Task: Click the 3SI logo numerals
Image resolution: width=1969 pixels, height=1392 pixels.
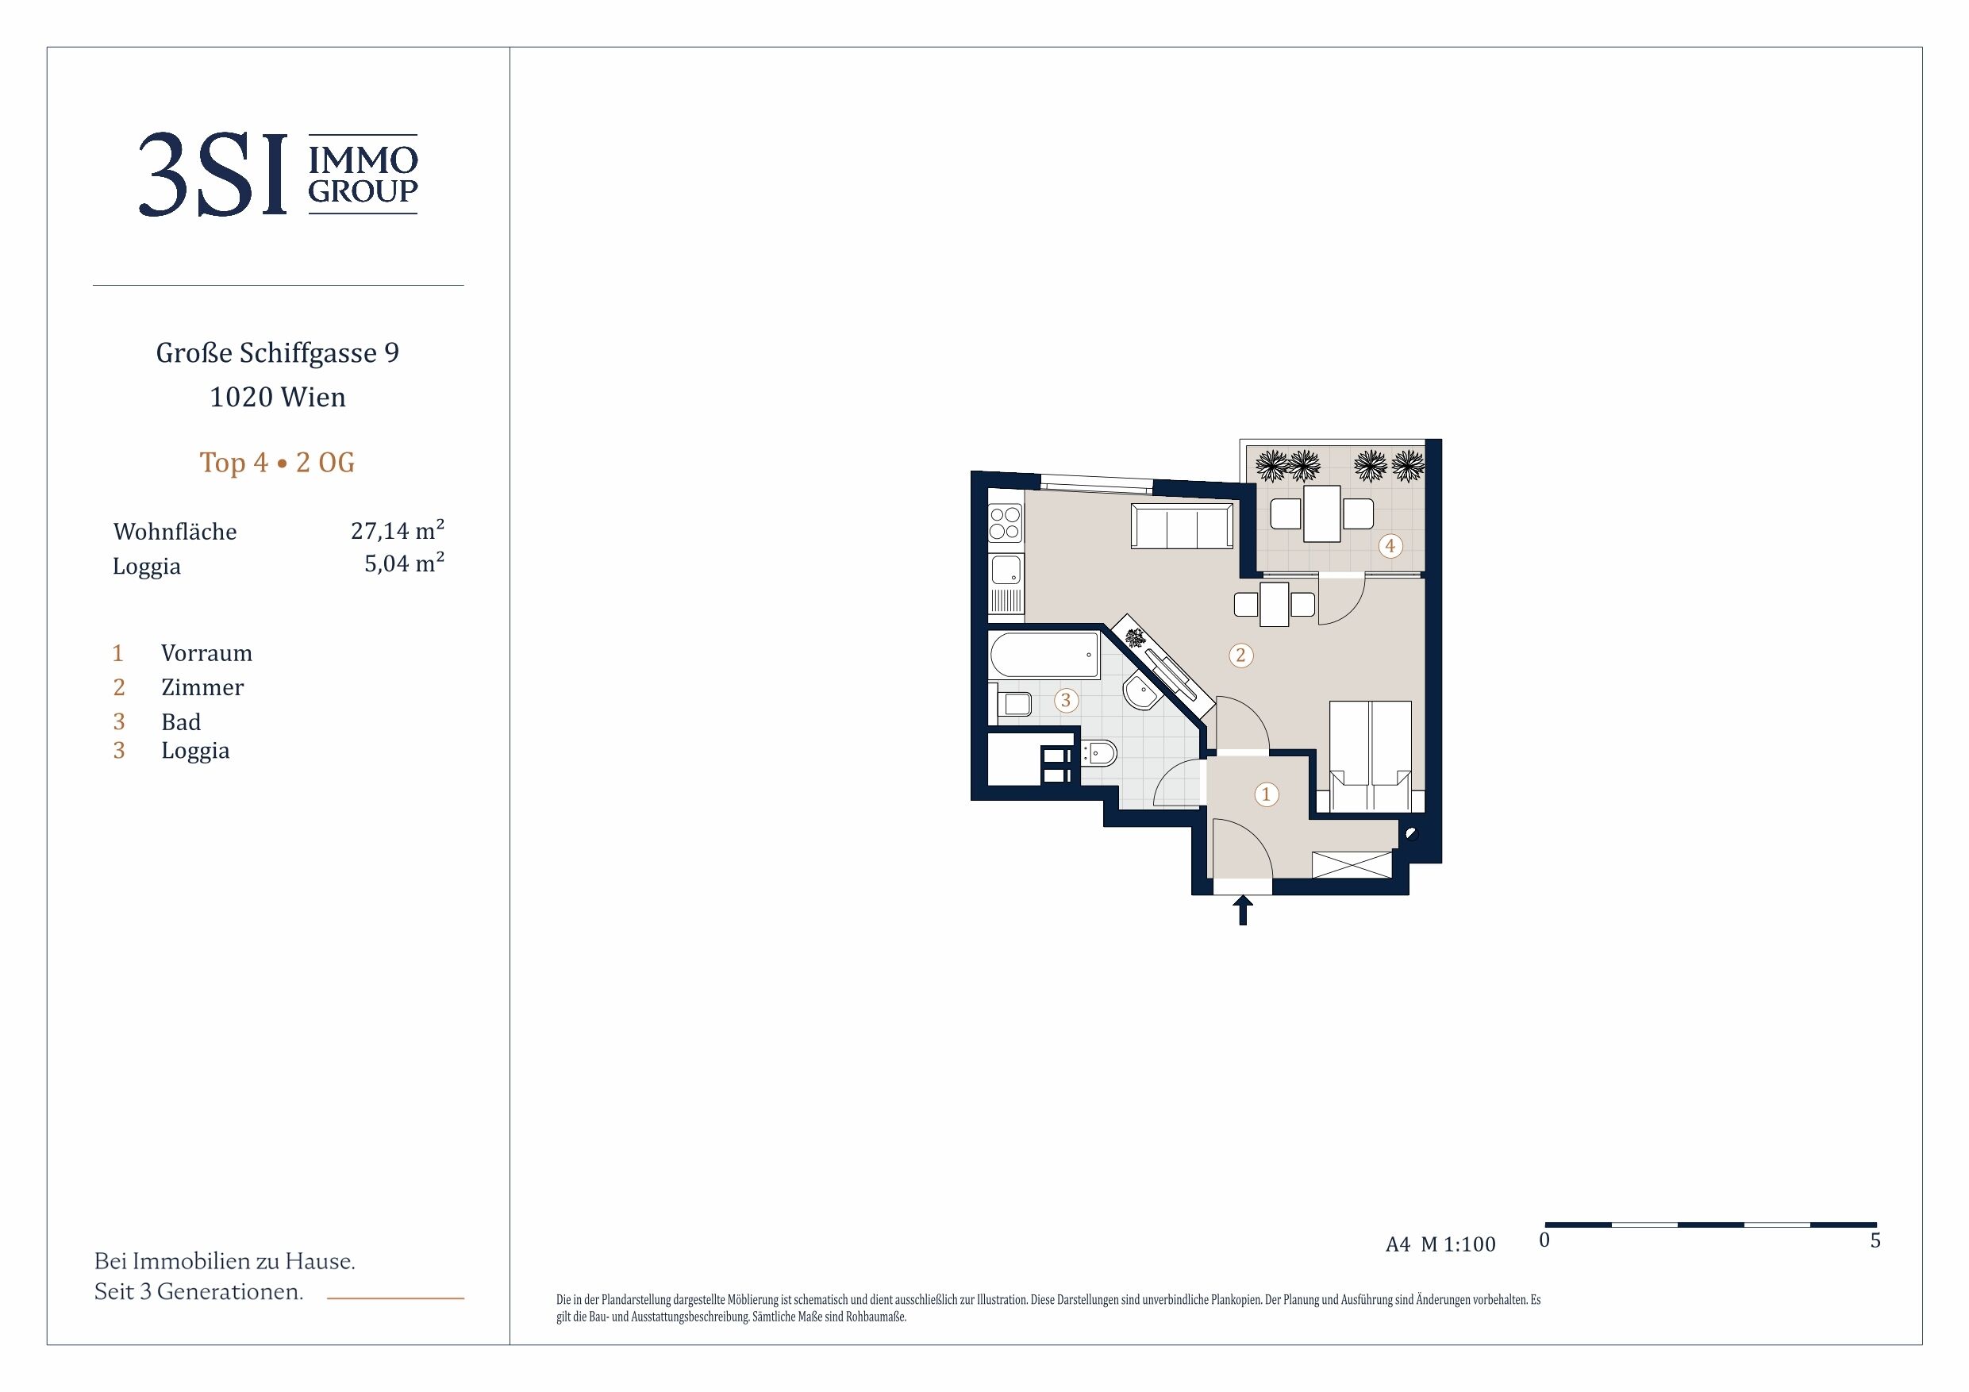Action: pos(212,175)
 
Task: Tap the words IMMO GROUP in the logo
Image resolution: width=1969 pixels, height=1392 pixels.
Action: pos(363,174)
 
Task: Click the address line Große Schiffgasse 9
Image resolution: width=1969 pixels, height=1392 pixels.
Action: pos(277,353)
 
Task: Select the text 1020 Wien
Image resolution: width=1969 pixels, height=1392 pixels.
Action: pos(277,397)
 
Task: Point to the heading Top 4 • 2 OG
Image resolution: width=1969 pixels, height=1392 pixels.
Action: pos(277,463)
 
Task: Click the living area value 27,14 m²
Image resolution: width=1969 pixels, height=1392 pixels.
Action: pos(397,530)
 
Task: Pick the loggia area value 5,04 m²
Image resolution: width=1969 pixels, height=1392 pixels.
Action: pos(404,563)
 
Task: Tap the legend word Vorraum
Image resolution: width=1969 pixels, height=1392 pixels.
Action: pos(206,654)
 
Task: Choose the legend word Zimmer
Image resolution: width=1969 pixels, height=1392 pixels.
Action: pos(202,688)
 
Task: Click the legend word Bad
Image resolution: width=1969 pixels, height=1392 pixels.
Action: pos(181,722)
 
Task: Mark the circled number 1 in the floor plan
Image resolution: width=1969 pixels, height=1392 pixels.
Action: pos(1266,794)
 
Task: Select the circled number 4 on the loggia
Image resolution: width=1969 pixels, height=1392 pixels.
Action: pos(1390,545)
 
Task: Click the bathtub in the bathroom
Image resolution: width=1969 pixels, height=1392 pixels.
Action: pos(1044,656)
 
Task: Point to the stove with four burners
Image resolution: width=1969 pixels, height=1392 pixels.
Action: pos(1005,524)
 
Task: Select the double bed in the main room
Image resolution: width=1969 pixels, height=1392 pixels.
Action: pos(1370,756)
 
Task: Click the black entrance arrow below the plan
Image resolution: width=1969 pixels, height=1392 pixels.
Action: pos(1243,910)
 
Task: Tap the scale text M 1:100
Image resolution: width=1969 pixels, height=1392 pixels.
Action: pos(1458,1244)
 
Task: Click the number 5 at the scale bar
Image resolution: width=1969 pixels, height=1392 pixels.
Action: pos(1875,1241)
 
